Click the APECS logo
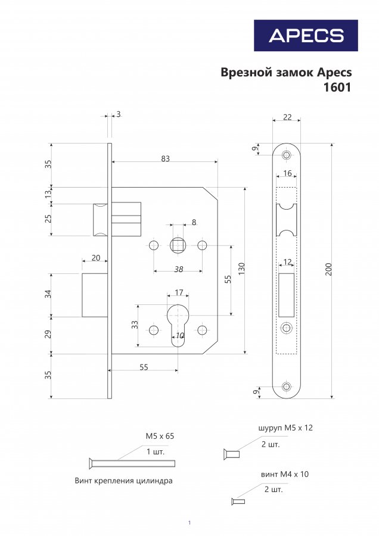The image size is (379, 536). click(306, 36)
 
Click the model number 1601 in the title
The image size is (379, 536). click(337, 88)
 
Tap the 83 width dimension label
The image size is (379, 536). click(165, 158)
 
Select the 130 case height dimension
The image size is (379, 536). click(241, 270)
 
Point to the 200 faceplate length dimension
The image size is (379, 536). click(328, 270)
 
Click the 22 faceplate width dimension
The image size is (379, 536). click(287, 117)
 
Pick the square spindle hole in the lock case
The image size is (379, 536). click(178, 245)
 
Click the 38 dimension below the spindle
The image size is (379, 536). click(179, 269)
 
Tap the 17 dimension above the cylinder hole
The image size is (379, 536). click(179, 292)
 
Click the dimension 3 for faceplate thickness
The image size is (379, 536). click(119, 114)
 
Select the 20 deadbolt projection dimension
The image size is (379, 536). click(96, 257)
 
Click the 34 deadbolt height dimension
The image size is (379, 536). click(49, 294)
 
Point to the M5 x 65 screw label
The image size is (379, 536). click(160, 436)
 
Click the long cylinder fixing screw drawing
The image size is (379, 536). click(132, 463)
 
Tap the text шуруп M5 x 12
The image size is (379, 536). click(285, 428)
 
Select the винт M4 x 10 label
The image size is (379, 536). click(285, 474)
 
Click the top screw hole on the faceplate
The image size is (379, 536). click(286, 155)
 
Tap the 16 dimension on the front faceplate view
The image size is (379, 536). click(287, 173)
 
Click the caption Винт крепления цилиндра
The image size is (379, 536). click(123, 481)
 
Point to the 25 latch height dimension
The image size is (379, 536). click(49, 219)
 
